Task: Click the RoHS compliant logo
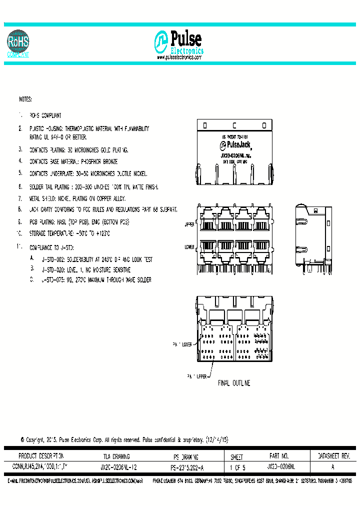coord(18,43)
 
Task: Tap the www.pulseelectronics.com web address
coord(179,57)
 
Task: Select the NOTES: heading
coord(25,100)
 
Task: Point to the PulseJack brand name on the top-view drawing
coord(235,145)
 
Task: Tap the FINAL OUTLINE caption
coord(234,383)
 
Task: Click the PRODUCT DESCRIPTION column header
coord(41,456)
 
